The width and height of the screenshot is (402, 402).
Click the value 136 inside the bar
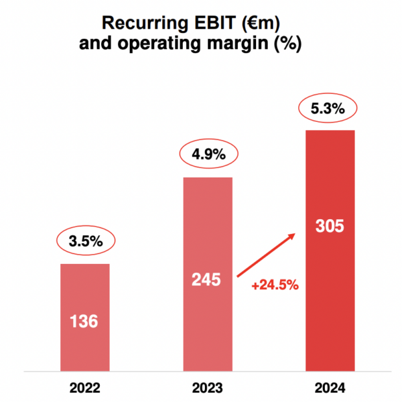click(84, 322)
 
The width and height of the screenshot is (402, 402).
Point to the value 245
click(206, 279)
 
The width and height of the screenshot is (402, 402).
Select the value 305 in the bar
click(330, 226)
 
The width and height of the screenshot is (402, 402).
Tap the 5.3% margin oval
click(329, 107)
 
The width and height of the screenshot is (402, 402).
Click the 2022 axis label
click(84, 388)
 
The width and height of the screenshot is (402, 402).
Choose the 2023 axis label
click(207, 388)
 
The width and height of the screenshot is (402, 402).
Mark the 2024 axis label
click(330, 388)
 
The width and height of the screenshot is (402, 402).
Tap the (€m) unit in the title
click(258, 24)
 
